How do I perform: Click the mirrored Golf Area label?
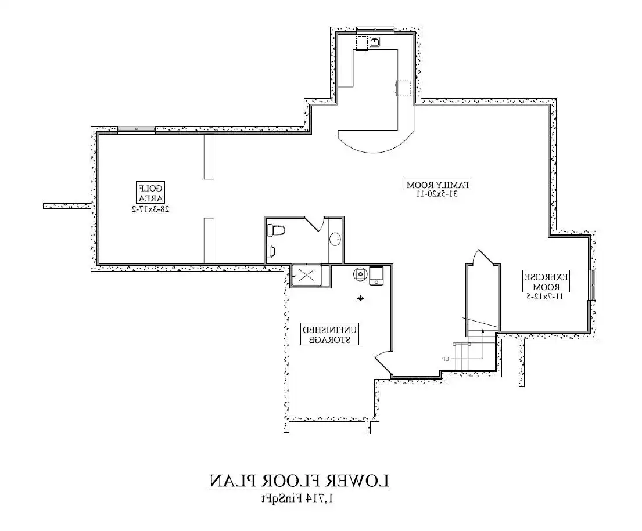[x=150, y=193]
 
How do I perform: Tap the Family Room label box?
[x=437, y=185]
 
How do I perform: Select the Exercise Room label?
[x=546, y=281]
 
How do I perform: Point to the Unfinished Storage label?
[x=329, y=334]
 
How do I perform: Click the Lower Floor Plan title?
[x=299, y=481]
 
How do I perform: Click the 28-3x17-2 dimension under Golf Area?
[x=150, y=209]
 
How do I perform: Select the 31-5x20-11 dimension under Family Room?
[x=437, y=194]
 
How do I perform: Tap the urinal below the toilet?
[x=271, y=251]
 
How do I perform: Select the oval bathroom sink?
[x=335, y=239]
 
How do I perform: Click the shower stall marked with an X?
[x=306, y=275]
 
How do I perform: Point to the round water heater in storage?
[x=360, y=274]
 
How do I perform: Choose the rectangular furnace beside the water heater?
[x=376, y=276]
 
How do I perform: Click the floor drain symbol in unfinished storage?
[x=360, y=298]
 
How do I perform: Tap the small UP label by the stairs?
[x=446, y=359]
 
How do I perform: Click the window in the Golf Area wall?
[x=137, y=129]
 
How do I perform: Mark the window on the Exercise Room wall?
[x=593, y=285]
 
